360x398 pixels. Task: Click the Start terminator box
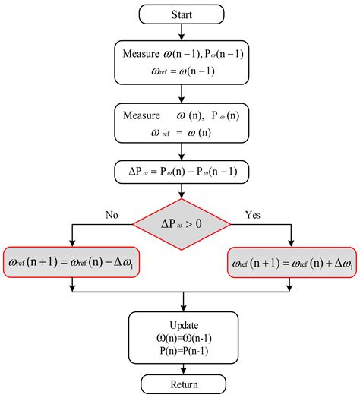click(180, 14)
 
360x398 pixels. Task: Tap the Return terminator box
click(180, 384)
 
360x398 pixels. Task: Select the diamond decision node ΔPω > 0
click(180, 223)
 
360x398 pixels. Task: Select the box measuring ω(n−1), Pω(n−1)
click(180, 62)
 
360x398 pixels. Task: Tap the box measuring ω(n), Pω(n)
click(180, 121)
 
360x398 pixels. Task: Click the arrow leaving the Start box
click(180, 32)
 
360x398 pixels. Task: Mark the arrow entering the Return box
click(180, 366)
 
